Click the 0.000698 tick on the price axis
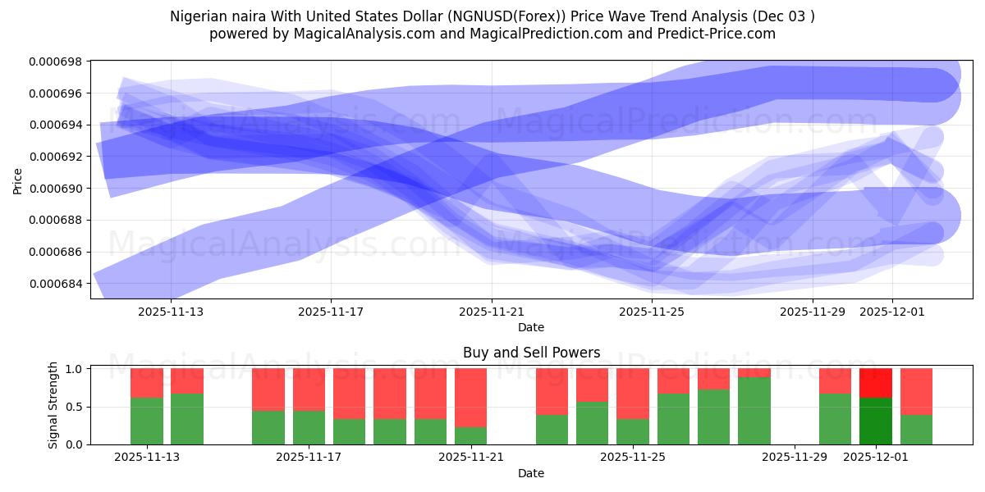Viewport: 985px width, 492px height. tap(55, 61)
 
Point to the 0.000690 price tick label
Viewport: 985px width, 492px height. tap(55, 189)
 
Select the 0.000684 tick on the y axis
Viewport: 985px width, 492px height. tap(55, 284)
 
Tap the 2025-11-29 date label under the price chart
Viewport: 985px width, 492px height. tap(812, 312)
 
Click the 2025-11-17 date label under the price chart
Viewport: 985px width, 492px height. tap(331, 312)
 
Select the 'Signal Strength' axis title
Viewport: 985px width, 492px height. tap(53, 404)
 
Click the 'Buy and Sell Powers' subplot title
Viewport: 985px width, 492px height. tap(531, 353)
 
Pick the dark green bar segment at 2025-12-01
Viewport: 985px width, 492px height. tap(875, 421)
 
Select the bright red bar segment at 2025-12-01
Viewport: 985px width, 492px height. tap(875, 383)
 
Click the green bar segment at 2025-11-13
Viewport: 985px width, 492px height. tap(147, 421)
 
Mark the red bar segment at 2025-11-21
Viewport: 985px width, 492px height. tap(470, 397)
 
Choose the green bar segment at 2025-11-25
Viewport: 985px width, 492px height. tap(632, 431)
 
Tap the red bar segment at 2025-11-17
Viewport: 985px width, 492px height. tap(309, 389)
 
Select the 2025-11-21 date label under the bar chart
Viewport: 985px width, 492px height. tap(471, 458)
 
